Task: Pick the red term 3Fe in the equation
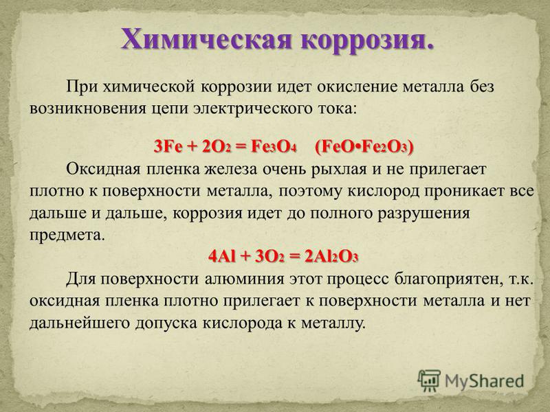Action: point(168,146)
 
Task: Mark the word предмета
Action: point(67,235)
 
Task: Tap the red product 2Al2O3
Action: point(331,257)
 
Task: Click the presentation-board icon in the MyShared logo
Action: point(429,380)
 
